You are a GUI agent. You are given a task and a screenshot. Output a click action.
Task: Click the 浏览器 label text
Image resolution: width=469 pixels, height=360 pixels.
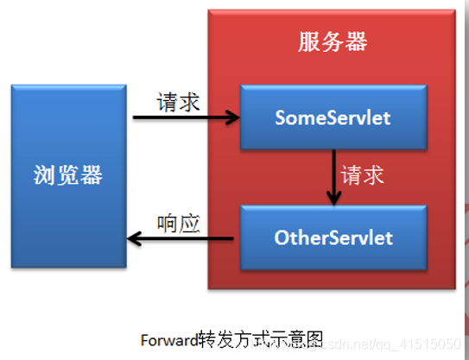[68, 176]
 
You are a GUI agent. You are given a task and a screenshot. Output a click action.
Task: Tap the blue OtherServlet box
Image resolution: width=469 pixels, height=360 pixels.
[333, 237]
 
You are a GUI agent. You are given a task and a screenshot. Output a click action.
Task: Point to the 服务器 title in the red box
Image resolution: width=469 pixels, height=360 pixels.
[333, 41]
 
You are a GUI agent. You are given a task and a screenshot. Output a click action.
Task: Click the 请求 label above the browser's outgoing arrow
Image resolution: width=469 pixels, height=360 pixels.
[179, 102]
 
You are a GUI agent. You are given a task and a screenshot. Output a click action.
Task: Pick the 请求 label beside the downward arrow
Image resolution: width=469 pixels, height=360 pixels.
[363, 176]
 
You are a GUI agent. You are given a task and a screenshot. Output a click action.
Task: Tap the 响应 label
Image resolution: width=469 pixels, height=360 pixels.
[179, 224]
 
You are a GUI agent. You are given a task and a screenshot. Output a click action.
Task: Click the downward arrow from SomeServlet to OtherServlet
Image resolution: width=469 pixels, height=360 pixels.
[333, 177]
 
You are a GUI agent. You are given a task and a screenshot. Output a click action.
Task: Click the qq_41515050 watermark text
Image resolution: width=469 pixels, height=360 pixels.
[423, 344]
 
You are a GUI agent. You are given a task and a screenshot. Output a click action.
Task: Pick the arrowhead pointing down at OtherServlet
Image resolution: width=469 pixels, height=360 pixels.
[333, 199]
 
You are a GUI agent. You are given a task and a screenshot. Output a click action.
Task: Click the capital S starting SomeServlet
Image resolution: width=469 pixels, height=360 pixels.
[280, 118]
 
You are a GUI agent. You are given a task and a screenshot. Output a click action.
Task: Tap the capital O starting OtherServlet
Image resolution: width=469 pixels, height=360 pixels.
[281, 237]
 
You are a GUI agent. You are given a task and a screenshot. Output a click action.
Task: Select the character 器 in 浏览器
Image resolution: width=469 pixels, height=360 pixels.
[91, 176]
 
